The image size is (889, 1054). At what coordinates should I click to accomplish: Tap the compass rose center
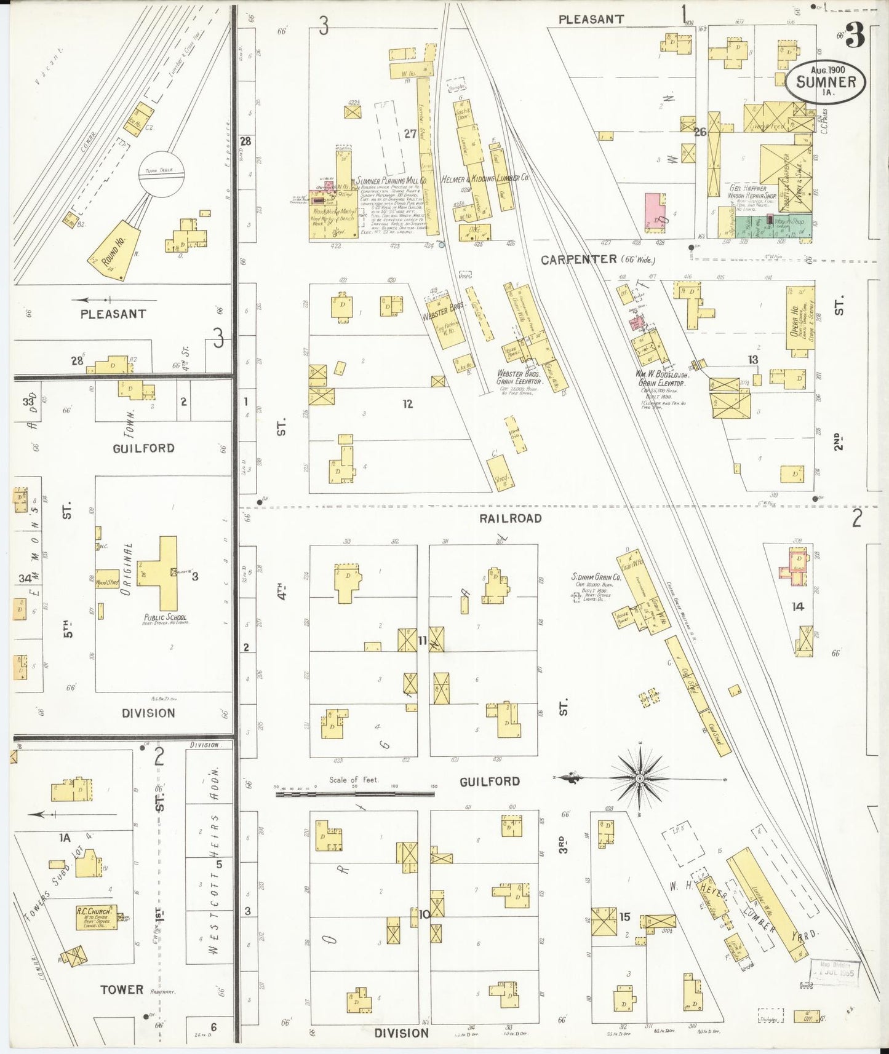point(640,779)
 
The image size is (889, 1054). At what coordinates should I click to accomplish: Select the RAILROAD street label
point(510,518)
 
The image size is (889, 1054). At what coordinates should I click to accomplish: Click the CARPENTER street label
point(578,260)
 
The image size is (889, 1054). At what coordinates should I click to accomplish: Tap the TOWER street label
point(122,989)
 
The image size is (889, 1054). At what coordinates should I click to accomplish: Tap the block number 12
point(407,404)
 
